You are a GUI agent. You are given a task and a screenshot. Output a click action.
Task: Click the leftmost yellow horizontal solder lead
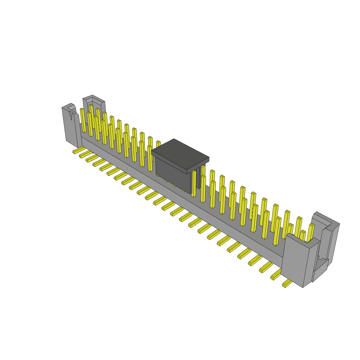[x=77, y=151]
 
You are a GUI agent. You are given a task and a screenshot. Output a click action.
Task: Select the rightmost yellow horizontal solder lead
[x=287, y=284]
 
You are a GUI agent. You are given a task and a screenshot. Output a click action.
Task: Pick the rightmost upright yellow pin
[x=310, y=232]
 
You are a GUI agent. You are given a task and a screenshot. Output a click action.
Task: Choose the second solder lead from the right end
[x=276, y=275]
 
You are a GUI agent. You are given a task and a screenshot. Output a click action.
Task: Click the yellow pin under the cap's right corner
[x=194, y=183]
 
